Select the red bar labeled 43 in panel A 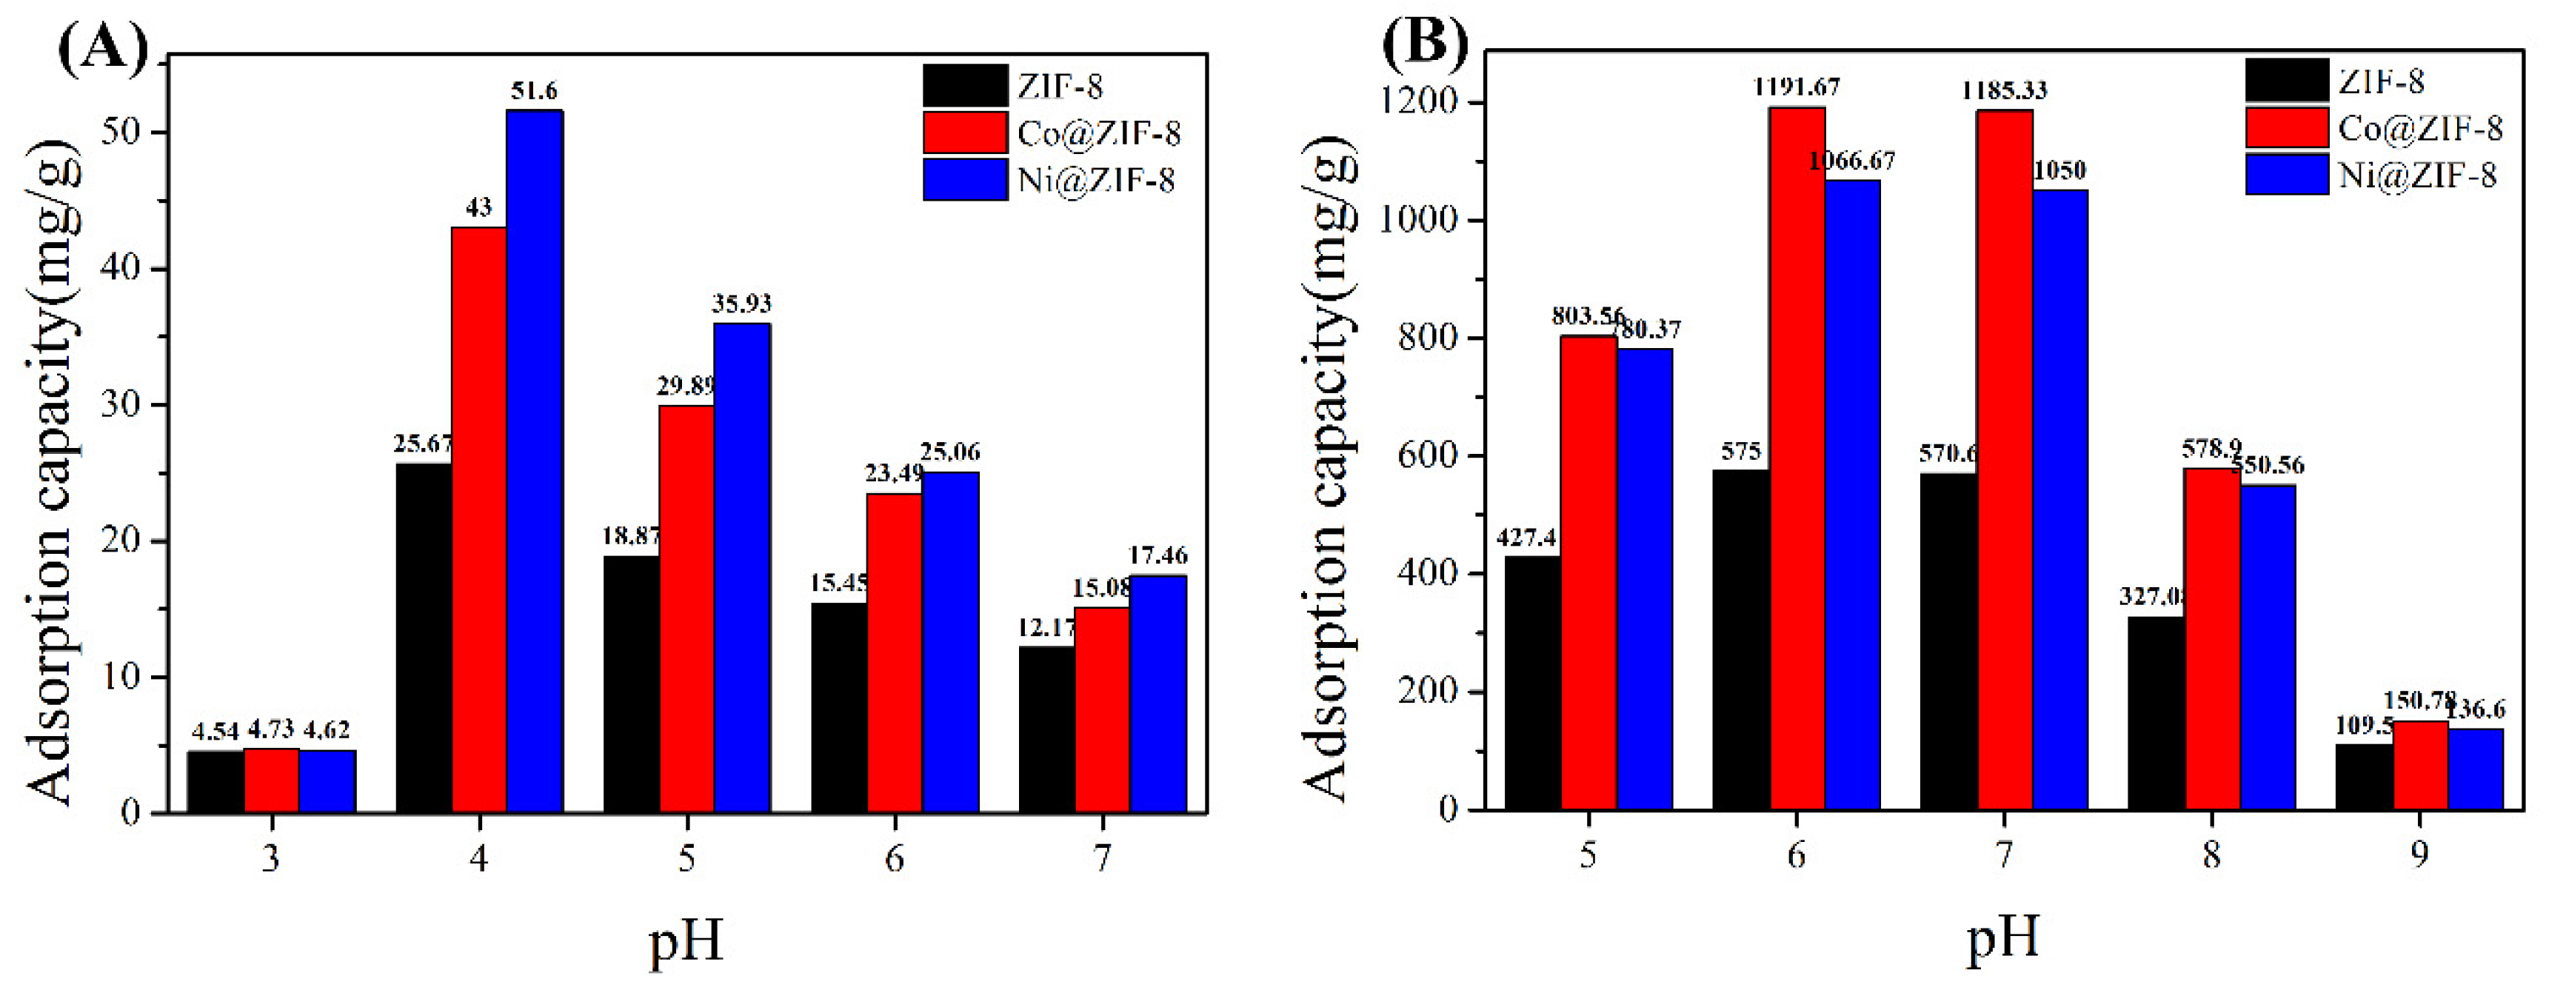(479, 520)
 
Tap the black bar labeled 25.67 (424, 638)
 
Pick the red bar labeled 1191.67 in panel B (1797, 458)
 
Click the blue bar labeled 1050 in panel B (2060, 500)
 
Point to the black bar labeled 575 (1740, 640)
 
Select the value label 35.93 (741, 304)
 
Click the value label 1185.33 (2004, 90)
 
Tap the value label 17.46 (1157, 555)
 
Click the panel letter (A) (104, 45)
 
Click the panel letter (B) (1425, 41)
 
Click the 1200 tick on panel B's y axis (1417, 103)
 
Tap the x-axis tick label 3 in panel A (271, 857)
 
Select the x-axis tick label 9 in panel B (2419, 855)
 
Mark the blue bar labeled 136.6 (2474, 769)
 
